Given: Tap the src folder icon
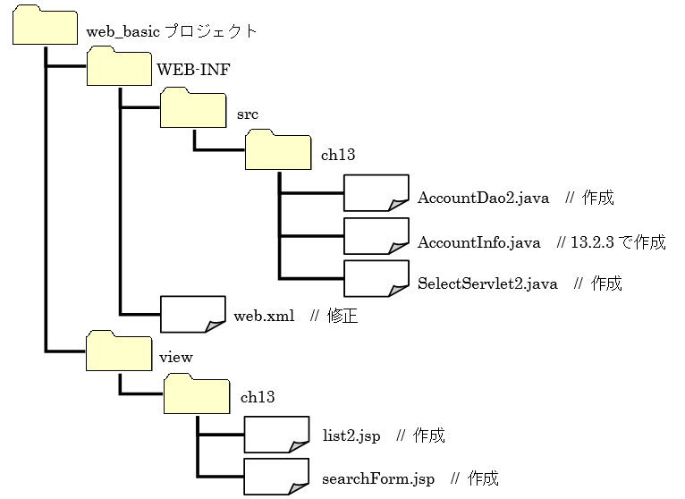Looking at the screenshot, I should [x=192, y=108].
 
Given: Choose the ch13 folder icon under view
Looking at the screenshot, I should [x=197, y=393].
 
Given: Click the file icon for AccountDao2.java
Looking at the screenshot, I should [x=376, y=193].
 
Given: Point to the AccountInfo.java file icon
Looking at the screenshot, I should [x=376, y=236].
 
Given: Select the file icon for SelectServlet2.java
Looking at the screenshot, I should [x=376, y=278].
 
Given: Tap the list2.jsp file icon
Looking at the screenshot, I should [x=276, y=435].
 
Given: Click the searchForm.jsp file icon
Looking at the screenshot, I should [x=276, y=477].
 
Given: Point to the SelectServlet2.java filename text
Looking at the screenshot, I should [x=487, y=284].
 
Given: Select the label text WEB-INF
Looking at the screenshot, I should [x=186, y=70].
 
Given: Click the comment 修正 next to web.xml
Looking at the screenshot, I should [x=343, y=317].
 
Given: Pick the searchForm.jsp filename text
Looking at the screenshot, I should [x=378, y=478].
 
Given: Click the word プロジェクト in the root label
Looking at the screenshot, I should [x=212, y=31].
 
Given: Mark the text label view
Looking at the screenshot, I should [x=175, y=357].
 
